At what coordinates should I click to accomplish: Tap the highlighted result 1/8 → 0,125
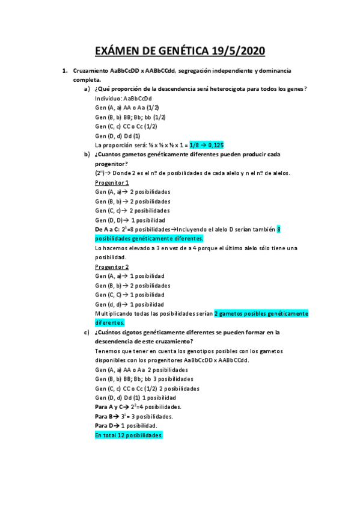(206, 145)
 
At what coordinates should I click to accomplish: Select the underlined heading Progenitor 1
(112, 182)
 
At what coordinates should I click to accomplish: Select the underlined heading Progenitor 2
(112, 266)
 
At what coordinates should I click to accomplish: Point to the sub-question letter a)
(87, 89)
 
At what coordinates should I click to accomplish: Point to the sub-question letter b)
(87, 154)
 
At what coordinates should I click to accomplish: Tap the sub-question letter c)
(87, 332)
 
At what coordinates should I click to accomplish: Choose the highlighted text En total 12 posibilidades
(129, 435)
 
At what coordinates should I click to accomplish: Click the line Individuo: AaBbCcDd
(123, 98)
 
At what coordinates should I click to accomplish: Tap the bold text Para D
(106, 426)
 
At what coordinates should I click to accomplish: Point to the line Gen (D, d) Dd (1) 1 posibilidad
(135, 398)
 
